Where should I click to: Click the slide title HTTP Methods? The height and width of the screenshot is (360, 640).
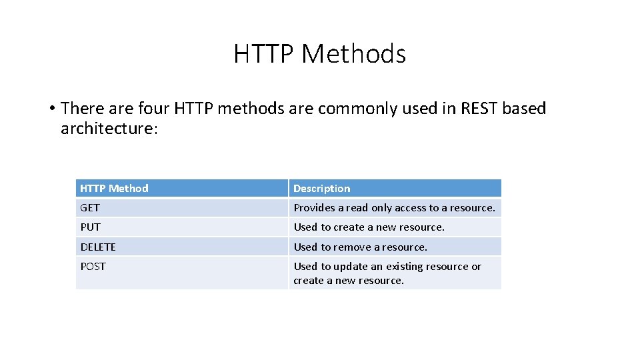click(x=319, y=54)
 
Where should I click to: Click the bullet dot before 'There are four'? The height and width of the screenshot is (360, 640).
click(x=51, y=109)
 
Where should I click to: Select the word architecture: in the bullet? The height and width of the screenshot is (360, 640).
click(x=109, y=129)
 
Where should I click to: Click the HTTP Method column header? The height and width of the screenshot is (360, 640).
click(x=114, y=189)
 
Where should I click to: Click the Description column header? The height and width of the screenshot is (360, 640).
click(x=321, y=189)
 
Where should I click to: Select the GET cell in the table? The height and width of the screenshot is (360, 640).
click(x=90, y=208)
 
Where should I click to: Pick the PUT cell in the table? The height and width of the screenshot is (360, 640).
click(x=90, y=227)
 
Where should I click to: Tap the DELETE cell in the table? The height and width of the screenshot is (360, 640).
click(x=98, y=247)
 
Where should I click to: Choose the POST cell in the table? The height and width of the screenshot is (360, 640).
click(x=93, y=267)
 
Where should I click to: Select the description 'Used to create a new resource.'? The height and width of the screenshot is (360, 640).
click(x=369, y=227)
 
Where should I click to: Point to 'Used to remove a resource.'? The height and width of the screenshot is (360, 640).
click(x=360, y=247)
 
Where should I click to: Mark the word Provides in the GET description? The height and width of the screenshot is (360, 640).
click(x=315, y=208)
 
